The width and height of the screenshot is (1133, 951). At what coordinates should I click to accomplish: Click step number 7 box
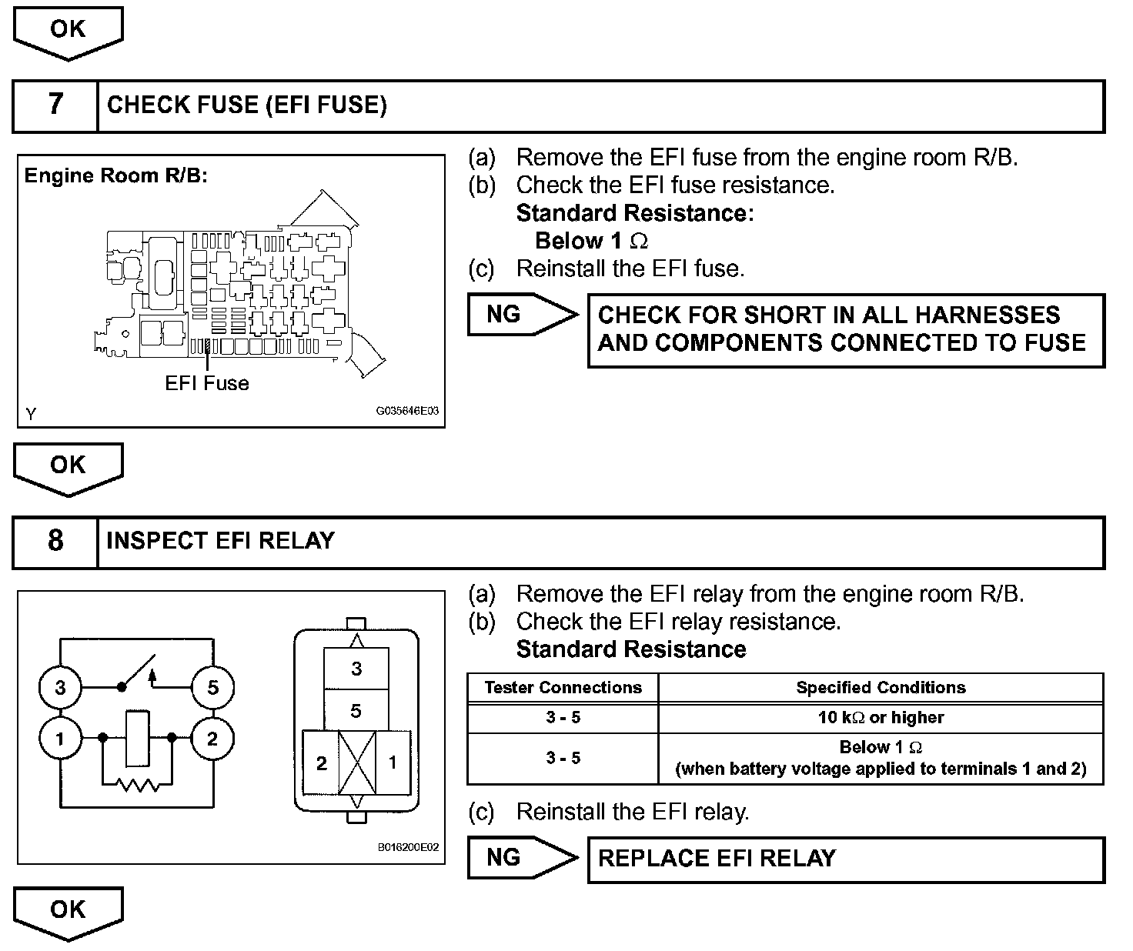click(55, 105)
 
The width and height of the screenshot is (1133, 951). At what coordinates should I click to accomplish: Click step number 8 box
click(55, 541)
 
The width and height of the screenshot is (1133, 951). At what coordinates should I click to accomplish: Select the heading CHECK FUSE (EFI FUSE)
click(246, 105)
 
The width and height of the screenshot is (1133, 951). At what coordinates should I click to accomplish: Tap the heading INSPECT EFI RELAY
click(220, 541)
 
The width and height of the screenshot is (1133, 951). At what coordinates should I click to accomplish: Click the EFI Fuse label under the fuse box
click(207, 383)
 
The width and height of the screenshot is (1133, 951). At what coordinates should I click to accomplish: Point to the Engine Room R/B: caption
click(116, 175)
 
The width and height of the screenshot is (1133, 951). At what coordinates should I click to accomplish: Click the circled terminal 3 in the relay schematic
click(60, 687)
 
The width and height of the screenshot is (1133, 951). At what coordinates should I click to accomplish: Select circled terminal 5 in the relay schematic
click(212, 687)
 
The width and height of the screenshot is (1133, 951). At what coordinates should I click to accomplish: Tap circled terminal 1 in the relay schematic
click(60, 739)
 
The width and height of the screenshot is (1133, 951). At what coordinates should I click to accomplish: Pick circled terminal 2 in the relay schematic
click(212, 739)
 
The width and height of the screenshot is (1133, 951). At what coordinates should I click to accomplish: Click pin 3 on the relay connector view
click(356, 668)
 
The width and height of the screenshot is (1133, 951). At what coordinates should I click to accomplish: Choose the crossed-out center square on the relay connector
click(357, 762)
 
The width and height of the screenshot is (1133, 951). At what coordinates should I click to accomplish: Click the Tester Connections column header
click(563, 688)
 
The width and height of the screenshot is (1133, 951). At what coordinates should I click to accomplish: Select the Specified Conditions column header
click(881, 688)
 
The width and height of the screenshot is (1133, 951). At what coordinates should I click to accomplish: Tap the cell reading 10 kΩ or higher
click(881, 718)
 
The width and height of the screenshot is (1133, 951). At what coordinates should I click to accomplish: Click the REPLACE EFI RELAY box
click(845, 859)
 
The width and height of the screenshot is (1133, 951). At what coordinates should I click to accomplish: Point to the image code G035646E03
click(407, 411)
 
